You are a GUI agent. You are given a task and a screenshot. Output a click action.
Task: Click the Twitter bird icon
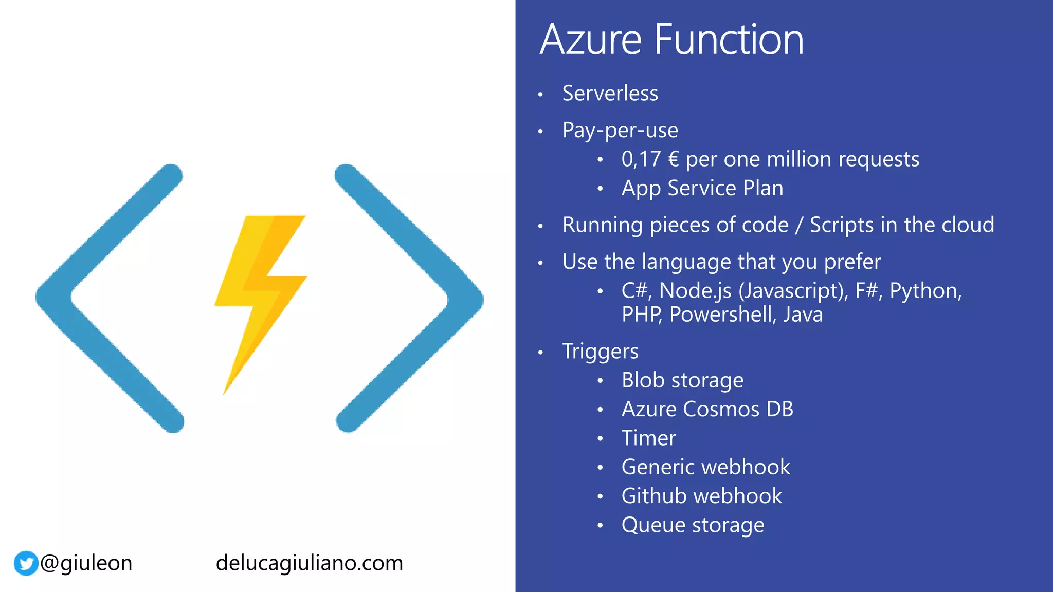coord(26,563)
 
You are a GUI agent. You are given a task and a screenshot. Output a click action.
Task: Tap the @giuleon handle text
coord(86,563)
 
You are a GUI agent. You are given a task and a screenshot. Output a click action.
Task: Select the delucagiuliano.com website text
coord(309,563)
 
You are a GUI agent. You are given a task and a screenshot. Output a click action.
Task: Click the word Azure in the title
coord(591,40)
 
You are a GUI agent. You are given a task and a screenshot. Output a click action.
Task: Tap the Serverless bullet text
coord(610,94)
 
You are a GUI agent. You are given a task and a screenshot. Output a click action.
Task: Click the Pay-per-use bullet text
coord(620,131)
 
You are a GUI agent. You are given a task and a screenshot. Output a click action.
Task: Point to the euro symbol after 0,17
coord(674,159)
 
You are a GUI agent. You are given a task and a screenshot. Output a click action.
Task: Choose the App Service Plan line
coord(702,188)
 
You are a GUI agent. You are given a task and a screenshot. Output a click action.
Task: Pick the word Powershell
coord(722,314)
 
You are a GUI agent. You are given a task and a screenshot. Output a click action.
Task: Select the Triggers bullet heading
coord(600,351)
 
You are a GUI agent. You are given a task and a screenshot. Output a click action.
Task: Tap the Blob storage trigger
coord(682,381)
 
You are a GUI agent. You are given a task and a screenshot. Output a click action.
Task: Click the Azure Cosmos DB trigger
coord(707,410)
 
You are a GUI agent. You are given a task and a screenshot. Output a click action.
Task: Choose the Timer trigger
coord(648,438)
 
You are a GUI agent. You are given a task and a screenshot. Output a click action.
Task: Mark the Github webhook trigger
coord(701,496)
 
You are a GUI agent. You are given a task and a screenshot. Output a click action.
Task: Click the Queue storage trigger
coord(693,525)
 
